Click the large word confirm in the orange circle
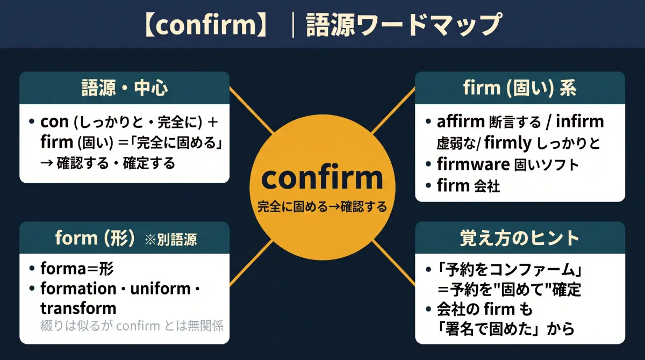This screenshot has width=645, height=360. coord(322,178)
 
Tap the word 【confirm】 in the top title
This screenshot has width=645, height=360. coord(206,24)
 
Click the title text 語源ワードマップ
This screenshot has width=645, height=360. coord(404,25)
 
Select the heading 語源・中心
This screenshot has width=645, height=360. coord(124,88)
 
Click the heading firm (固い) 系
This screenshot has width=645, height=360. coord(520,88)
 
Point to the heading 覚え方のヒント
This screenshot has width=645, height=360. coord(520,238)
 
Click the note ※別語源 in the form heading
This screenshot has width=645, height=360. coord(171,240)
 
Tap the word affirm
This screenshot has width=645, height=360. coord(461,121)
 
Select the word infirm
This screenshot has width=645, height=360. coord(579,121)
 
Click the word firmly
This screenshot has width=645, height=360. coord(507,143)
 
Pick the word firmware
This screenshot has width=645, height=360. coord(474,164)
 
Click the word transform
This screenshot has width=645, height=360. coord(78,308)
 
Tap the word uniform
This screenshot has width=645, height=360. coord(160,289)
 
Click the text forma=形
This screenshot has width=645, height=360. coord(77,269)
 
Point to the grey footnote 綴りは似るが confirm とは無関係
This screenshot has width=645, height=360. coord(132,326)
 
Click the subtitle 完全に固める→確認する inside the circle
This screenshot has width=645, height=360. coord(322,207)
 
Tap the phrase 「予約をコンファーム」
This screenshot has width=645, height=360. coord(510,270)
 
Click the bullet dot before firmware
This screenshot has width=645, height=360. coord(428,164)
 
